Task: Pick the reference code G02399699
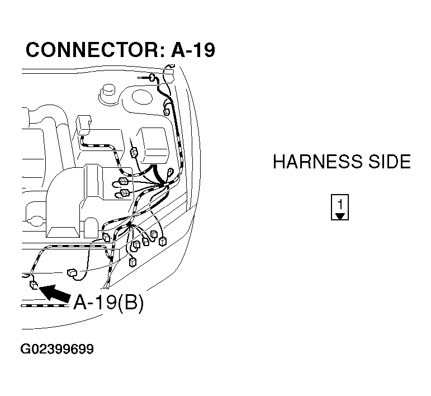coord(57,350)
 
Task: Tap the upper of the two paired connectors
coord(124,181)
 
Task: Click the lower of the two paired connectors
coord(124,193)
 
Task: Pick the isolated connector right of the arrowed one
coord(72,272)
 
